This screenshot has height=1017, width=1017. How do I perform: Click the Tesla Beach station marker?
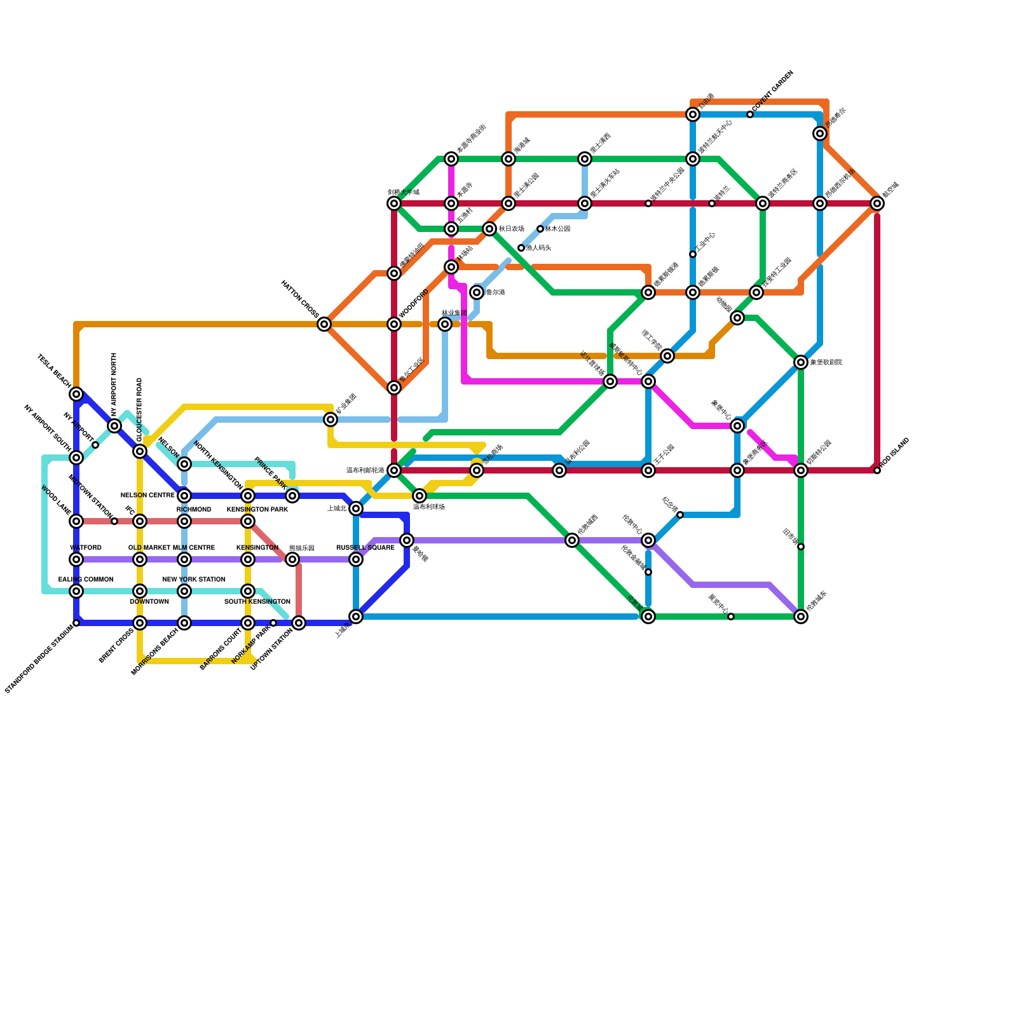tap(76, 394)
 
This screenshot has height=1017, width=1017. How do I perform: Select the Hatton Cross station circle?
tap(324, 324)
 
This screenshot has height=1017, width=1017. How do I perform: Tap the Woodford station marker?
tap(394, 324)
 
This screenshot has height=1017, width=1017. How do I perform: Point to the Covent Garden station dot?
tap(750, 114)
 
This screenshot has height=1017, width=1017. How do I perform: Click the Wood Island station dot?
tap(877, 470)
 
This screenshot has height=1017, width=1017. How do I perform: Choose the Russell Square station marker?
tap(356, 559)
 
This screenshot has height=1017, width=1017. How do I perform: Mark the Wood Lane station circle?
tap(76, 521)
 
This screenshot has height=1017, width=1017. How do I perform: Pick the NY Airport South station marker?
tap(76, 458)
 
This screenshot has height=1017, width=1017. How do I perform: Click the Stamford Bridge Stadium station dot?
tap(76, 623)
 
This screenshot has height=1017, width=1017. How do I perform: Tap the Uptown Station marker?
tap(299, 623)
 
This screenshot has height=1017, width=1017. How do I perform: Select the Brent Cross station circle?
tap(140, 623)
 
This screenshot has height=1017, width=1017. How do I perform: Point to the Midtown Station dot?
tap(114, 521)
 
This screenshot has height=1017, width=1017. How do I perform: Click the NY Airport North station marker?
tap(114, 426)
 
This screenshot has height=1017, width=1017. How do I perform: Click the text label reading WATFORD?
tap(86, 547)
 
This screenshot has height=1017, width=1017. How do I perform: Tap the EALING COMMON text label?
tap(86, 579)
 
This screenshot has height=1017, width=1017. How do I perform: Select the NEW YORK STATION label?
tap(194, 579)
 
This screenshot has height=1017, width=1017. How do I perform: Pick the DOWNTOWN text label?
tap(149, 601)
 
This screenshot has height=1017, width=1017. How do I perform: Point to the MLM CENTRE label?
tap(194, 547)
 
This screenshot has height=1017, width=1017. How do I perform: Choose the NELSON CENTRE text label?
tap(147, 495)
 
